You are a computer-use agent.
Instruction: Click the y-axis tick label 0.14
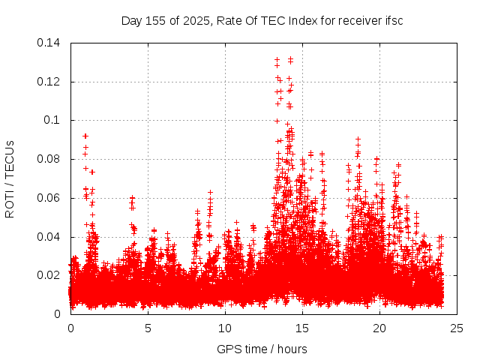point(50,43)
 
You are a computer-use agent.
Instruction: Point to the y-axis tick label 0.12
point(50,82)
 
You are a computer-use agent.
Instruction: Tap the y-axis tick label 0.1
point(53,120)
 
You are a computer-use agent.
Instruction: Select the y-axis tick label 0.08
point(50,159)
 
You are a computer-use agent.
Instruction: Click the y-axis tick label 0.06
point(50,198)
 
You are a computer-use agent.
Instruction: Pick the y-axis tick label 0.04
point(50,236)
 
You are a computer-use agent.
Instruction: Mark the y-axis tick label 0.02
point(50,275)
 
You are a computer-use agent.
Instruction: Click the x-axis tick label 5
point(148,328)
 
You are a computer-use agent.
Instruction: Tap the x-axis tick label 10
point(225,328)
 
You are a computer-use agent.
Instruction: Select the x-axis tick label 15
point(302,328)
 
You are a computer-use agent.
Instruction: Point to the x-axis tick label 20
point(379,328)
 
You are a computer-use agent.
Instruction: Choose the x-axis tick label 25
point(457,328)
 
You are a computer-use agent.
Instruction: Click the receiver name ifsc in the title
point(393,21)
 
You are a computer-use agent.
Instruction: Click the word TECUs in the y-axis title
point(10,157)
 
